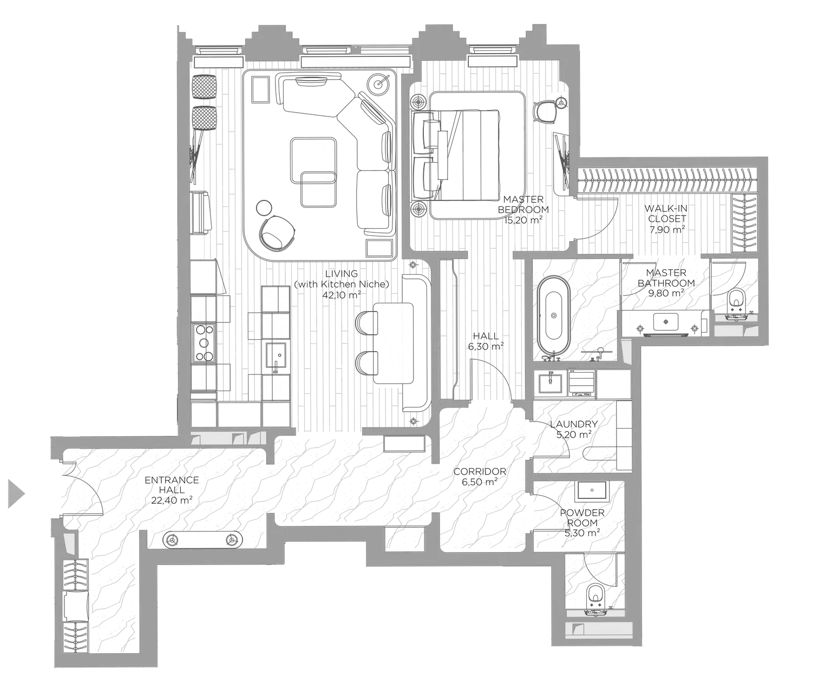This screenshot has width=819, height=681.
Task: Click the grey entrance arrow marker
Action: pos(16,494)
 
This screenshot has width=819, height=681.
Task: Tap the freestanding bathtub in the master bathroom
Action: pos(553,314)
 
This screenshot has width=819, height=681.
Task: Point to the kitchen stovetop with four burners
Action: pos(204,342)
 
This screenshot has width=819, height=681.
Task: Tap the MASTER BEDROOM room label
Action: pos(523,205)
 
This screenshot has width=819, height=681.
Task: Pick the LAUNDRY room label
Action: pos(573,424)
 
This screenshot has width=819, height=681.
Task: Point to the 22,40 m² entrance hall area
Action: pos(172,500)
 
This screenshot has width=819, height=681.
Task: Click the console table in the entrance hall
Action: pos(204,540)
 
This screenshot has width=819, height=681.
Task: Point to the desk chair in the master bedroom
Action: pos(546,112)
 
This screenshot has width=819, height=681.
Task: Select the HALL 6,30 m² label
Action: pos(486,341)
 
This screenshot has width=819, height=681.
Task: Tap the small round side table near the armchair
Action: pos(264,207)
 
